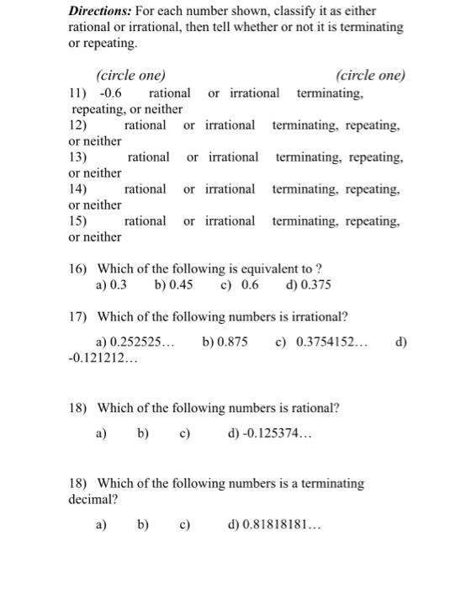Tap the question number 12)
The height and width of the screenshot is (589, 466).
click(78, 125)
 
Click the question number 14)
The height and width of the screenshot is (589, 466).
click(78, 189)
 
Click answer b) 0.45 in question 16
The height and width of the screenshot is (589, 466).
click(174, 285)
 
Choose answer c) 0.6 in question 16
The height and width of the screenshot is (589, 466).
click(239, 285)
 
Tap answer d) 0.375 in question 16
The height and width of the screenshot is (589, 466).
click(309, 285)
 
